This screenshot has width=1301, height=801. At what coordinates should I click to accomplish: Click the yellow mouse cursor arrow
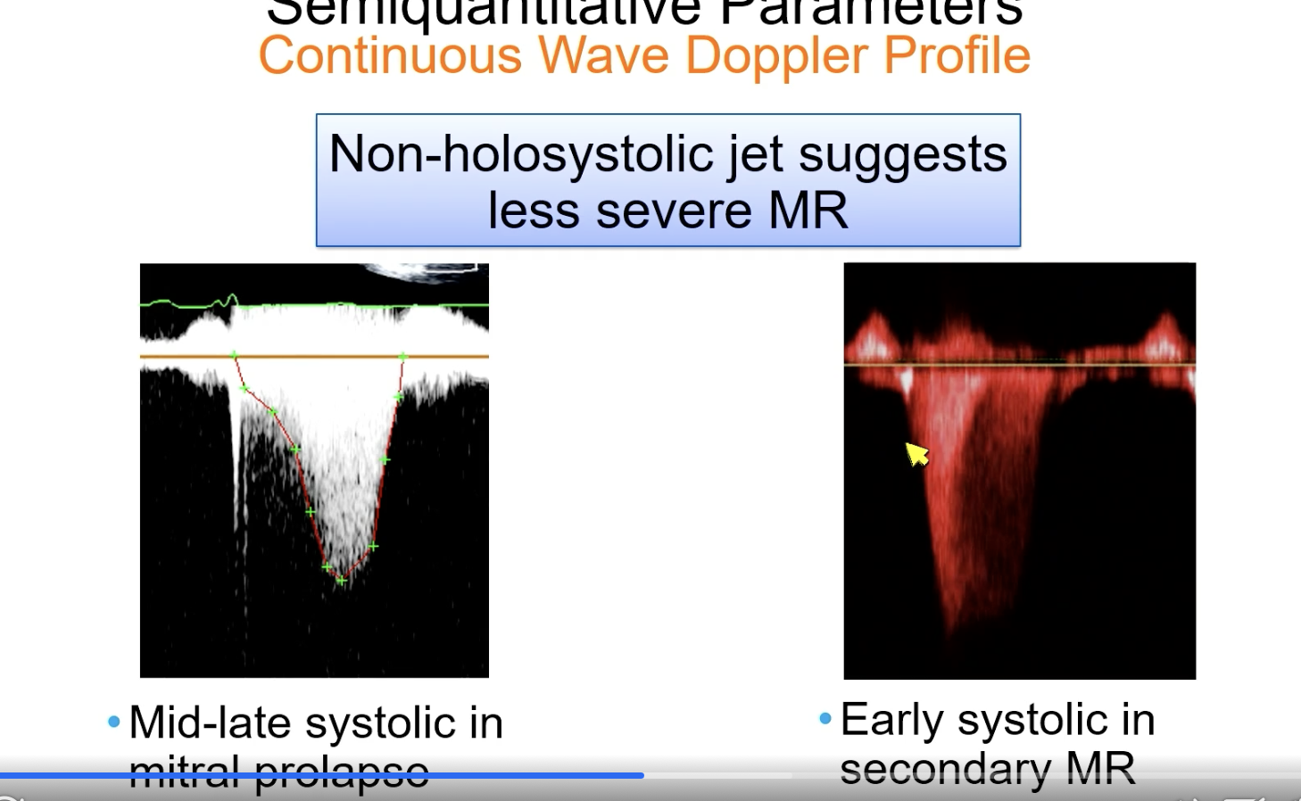tap(916, 454)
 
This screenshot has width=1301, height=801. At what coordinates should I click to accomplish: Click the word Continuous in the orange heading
tap(390, 55)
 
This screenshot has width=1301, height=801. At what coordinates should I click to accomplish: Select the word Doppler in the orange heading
tap(777, 55)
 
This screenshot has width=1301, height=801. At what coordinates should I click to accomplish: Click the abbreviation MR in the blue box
tap(808, 211)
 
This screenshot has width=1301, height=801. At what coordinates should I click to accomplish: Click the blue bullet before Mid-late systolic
tap(113, 722)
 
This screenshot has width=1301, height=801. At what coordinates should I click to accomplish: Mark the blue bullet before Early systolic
tap(825, 718)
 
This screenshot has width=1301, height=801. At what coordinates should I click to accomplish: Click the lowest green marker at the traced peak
tap(341, 581)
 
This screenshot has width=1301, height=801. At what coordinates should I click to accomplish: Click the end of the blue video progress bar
tap(642, 775)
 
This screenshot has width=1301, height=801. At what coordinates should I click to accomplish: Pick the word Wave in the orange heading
tap(603, 55)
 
